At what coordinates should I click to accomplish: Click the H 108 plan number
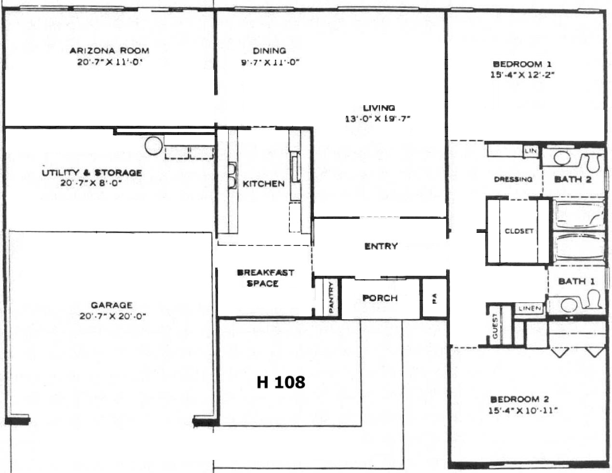(x=281, y=382)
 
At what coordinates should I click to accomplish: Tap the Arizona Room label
(x=109, y=51)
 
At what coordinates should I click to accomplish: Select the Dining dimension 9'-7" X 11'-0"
(x=270, y=62)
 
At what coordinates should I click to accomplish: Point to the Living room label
(x=379, y=108)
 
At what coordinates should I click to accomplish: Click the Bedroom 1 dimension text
(x=522, y=75)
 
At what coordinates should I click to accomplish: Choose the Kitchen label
(x=264, y=184)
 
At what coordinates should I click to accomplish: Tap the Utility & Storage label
(x=92, y=173)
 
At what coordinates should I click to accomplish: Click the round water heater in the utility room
(x=153, y=146)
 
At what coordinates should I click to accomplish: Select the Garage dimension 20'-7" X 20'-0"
(x=112, y=316)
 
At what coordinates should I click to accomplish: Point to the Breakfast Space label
(x=265, y=278)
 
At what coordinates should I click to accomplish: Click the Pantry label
(x=331, y=297)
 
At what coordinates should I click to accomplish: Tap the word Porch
(x=380, y=298)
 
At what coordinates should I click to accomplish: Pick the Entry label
(x=381, y=246)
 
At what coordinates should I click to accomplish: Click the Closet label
(x=519, y=231)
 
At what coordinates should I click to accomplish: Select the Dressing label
(x=513, y=179)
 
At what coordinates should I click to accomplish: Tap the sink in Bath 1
(x=568, y=305)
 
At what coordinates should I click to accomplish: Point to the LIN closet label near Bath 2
(x=530, y=151)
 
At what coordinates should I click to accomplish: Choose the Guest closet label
(x=495, y=326)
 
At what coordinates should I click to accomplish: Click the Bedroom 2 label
(x=519, y=399)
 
